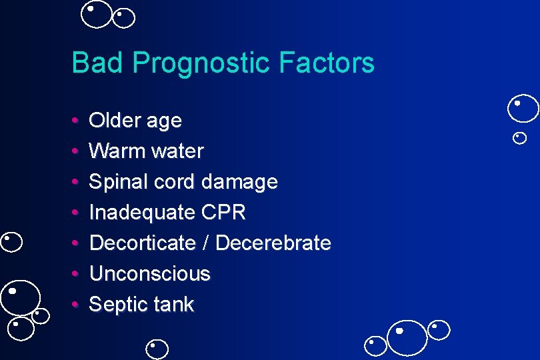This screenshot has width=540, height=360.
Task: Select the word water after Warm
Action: pos(177,151)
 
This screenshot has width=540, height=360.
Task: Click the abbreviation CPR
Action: pos(223,213)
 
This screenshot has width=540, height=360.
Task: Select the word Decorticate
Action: pos(142,243)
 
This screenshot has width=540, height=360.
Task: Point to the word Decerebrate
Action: pos(273,243)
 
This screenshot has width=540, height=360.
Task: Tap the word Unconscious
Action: pos(149,273)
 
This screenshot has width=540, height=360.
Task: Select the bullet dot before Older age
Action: pos(76,121)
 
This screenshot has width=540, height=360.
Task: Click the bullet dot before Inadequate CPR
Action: pos(76,213)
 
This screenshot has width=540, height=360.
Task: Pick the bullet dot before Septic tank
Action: pos(76,305)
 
